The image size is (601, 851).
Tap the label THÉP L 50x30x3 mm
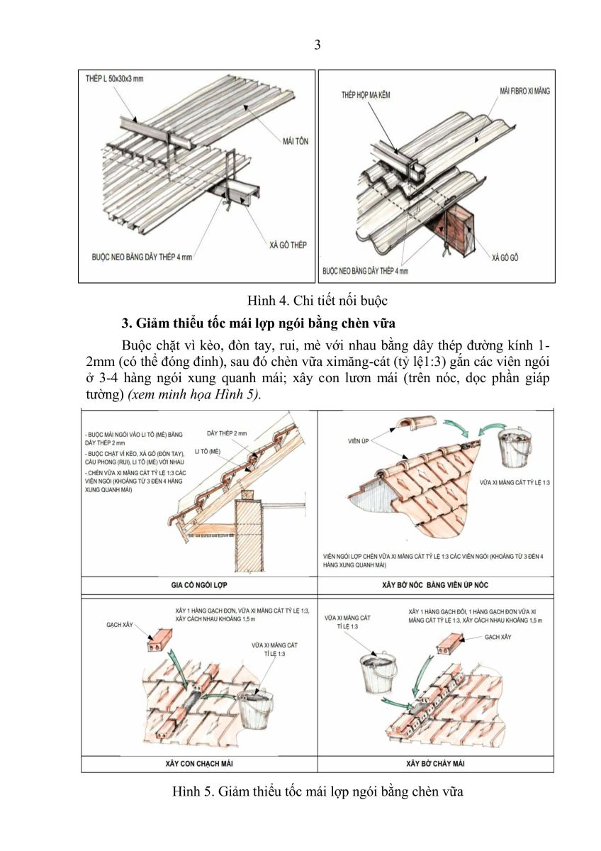tap(113, 79)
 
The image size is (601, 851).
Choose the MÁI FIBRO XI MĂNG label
tap(523, 91)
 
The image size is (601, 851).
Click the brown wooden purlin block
tap(451, 225)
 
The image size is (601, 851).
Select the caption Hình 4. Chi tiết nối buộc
tap(317, 301)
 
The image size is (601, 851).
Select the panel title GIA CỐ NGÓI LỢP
tap(199, 585)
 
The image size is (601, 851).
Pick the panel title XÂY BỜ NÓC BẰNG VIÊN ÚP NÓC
tap(436, 585)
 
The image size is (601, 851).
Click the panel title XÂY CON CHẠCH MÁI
tap(199, 763)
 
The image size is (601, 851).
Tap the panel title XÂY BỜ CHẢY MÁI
tap(436, 763)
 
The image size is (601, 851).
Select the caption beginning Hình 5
tap(317, 791)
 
